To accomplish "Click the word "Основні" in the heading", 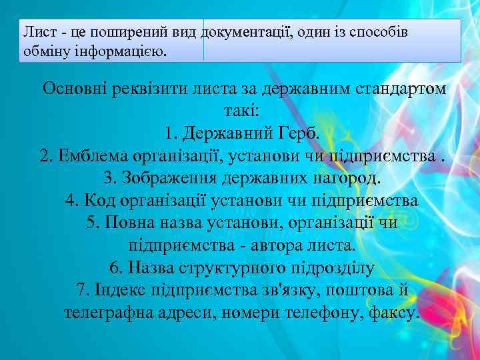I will [x=73, y=89].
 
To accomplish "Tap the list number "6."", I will [x=116, y=268].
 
